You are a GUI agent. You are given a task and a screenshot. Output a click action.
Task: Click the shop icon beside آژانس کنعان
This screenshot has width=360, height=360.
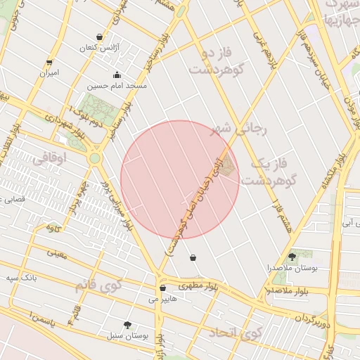[98, 37]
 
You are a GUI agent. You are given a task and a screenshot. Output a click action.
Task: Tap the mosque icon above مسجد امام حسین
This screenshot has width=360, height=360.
[116, 75]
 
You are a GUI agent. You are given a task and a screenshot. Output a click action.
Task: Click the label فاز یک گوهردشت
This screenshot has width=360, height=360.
[271, 172]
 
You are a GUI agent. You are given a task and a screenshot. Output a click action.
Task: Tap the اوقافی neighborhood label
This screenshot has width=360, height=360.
[50, 160]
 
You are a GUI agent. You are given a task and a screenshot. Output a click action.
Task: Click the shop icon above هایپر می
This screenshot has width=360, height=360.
[162, 288]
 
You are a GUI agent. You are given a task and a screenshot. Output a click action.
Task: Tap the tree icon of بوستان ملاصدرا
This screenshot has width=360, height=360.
[292, 257]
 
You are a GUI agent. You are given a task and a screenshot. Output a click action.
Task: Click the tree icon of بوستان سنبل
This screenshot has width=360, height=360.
[127, 325]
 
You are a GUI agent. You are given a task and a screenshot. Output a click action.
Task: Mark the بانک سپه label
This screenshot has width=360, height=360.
[22, 278]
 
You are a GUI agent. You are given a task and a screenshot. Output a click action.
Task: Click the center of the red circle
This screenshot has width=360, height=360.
[180, 179]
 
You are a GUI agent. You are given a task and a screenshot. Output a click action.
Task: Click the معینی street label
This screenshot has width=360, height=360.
[57, 253]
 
